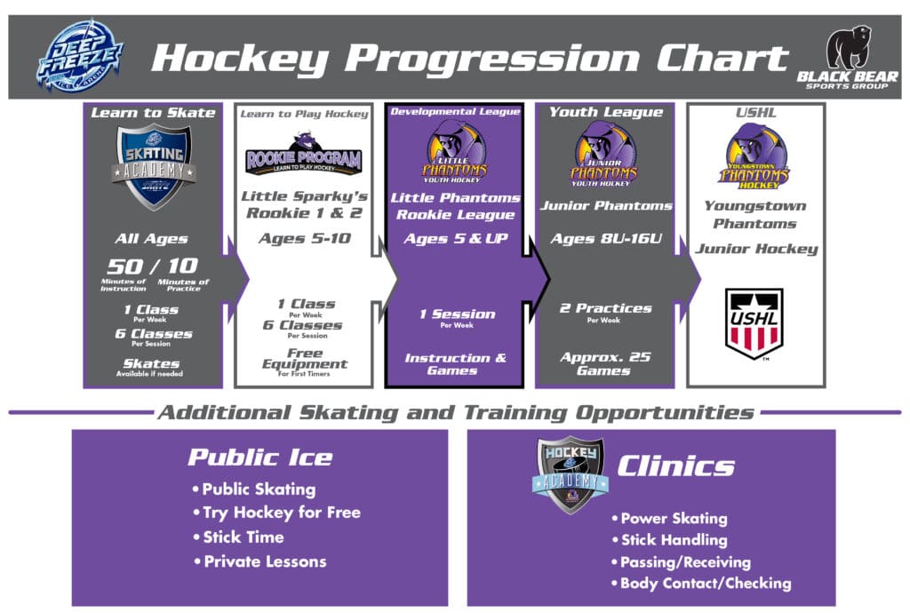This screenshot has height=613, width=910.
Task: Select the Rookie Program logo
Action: (303, 157)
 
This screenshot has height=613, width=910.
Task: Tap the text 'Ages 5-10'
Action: (303, 238)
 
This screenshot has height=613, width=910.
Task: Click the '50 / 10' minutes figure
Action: (153, 266)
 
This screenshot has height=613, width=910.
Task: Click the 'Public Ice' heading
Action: (259, 458)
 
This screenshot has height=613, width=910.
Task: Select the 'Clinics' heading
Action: (676, 466)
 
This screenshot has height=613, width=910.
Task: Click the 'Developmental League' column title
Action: (454, 112)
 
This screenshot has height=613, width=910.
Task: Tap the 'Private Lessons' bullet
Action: (264, 561)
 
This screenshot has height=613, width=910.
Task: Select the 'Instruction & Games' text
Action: (455, 363)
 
